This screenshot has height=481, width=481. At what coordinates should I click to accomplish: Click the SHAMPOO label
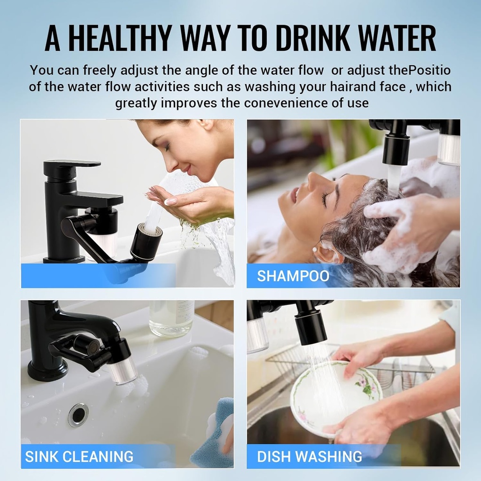293,276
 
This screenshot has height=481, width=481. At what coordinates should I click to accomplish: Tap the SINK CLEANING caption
79,457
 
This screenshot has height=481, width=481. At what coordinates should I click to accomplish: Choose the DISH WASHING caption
310,457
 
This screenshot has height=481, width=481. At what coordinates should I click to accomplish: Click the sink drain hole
78,415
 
